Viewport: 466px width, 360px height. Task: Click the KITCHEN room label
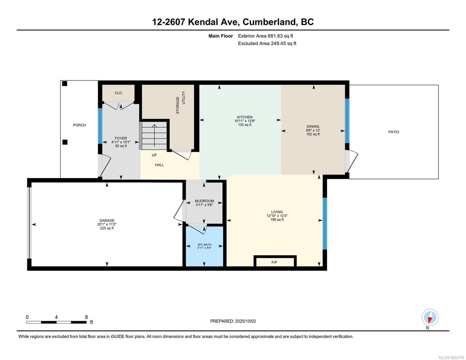245,117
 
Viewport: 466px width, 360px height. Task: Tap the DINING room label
313,126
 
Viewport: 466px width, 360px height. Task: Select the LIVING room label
277,212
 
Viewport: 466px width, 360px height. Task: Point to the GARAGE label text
107,220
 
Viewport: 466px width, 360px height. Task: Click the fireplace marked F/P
275,262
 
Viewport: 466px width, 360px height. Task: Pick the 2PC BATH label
204,244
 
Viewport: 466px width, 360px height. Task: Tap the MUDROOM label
204,201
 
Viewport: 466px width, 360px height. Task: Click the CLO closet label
118,93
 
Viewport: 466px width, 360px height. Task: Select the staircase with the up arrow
154,136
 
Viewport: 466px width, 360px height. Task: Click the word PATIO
393,132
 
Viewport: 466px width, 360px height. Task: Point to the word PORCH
79,125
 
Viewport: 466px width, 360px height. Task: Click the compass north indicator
430,318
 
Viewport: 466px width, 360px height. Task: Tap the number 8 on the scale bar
86,317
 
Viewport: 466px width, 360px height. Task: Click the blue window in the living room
324,223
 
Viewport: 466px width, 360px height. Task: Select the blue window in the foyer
100,126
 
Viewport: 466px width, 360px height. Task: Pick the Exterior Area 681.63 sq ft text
265,36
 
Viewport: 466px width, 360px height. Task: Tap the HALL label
159,165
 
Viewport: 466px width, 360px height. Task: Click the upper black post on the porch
65,84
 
